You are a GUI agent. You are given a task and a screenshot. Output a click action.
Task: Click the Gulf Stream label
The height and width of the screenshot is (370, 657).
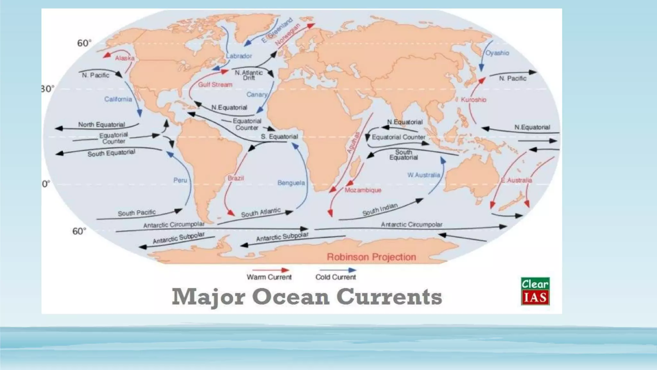click(215, 85)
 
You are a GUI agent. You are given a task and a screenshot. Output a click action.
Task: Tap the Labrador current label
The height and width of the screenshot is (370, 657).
click(239, 56)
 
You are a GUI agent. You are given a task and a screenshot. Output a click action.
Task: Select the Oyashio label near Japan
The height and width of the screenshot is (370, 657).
click(497, 53)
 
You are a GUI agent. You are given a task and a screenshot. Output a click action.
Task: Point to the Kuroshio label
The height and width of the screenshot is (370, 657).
click(473, 100)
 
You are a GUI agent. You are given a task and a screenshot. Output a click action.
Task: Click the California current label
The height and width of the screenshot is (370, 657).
click(118, 99)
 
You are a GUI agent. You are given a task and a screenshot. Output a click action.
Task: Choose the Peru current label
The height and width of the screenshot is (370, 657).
click(180, 180)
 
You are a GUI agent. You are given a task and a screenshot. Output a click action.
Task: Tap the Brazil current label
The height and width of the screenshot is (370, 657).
click(236, 178)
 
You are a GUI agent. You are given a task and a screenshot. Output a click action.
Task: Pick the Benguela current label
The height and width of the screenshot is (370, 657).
click(291, 183)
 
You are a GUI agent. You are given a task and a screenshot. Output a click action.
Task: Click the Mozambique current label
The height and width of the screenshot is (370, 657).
click(363, 190)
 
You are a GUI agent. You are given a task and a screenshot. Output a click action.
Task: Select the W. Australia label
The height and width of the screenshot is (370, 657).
click(423, 175)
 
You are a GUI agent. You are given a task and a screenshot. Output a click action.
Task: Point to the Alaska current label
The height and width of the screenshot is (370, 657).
click(124, 58)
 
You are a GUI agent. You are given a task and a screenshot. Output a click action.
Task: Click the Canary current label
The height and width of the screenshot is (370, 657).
click(257, 94)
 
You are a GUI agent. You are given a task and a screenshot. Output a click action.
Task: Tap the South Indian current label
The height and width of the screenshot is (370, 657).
click(380, 209)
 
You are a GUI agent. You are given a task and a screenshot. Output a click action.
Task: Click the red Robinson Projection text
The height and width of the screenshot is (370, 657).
click(371, 257)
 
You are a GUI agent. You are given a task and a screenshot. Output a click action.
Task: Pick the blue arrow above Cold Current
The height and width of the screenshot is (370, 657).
click(337, 270)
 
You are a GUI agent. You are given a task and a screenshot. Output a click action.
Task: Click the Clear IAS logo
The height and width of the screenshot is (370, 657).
click(535, 291)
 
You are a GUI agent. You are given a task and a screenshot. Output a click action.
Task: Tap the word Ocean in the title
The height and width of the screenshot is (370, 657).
click(291, 297)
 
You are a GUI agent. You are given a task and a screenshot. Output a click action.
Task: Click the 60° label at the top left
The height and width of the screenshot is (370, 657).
click(84, 43)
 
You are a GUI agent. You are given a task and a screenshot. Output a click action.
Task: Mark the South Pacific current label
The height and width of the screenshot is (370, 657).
click(137, 213)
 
